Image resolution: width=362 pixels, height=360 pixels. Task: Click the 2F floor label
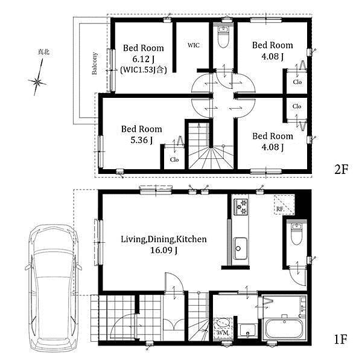(341, 170)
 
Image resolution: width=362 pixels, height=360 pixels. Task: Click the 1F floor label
(340, 339)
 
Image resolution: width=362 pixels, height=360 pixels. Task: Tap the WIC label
(194, 45)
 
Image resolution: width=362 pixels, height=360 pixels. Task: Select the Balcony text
(95, 63)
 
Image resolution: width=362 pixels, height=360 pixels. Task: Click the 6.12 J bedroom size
(143, 59)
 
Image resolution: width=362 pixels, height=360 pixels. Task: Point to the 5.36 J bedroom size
(142, 140)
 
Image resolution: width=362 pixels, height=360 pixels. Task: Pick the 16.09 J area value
(164, 250)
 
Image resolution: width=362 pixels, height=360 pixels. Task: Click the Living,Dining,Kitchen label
(164, 239)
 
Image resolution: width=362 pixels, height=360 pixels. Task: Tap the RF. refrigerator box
(284, 205)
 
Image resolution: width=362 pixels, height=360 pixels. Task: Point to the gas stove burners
(241, 207)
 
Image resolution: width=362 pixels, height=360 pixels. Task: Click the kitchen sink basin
(240, 248)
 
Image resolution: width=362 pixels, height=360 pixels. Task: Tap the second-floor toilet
(223, 37)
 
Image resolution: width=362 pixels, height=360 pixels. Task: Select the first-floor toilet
(296, 234)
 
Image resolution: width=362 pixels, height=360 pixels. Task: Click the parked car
(53, 288)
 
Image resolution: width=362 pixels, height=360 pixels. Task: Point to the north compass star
(37, 82)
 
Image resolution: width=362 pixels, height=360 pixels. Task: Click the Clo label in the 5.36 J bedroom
(174, 159)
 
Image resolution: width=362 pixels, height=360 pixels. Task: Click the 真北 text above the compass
(43, 52)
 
